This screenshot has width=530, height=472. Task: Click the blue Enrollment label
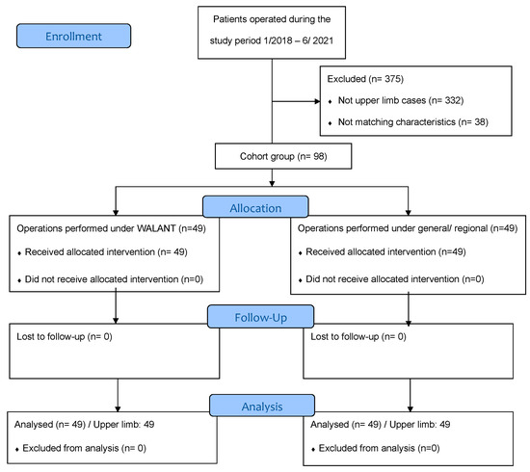(x=73, y=36)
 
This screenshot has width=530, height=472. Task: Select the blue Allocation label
(x=255, y=206)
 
